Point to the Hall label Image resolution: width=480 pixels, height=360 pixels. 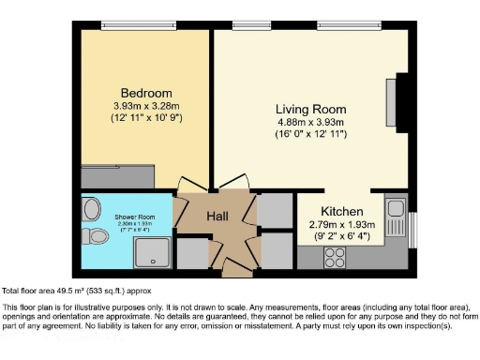[217, 217]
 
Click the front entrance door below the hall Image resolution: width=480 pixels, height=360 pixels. [236, 272]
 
